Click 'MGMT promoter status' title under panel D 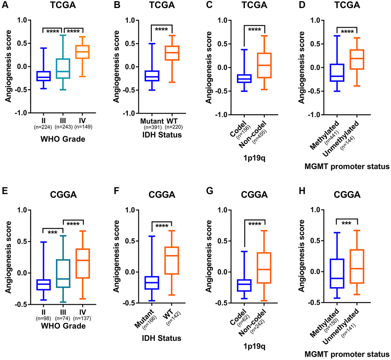pyautogui.click(x=346, y=166)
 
